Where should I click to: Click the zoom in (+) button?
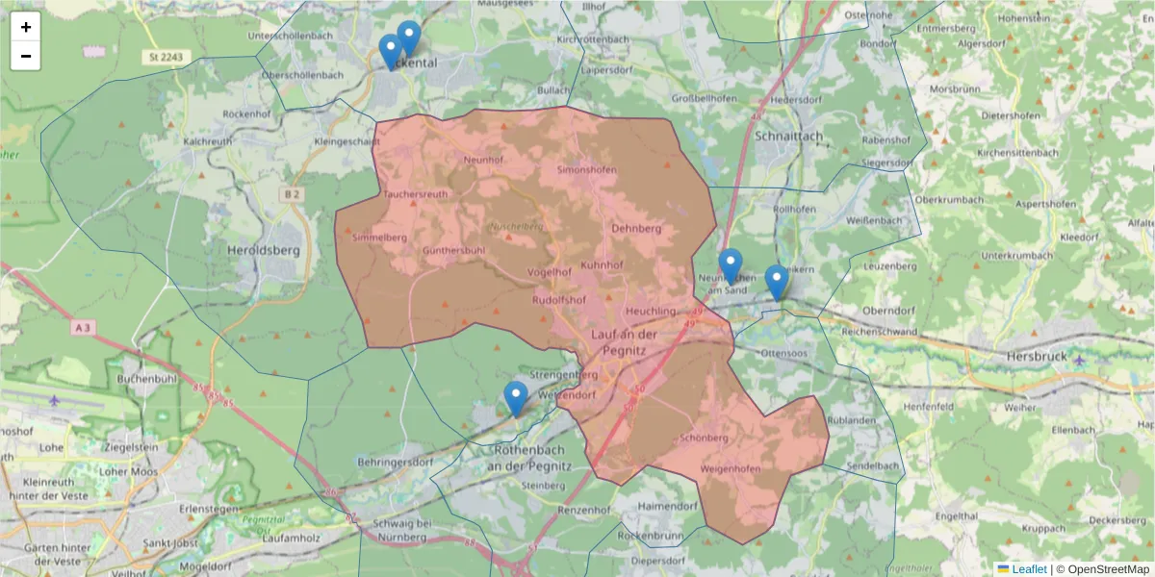[x=26, y=27]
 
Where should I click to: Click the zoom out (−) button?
[x=26, y=56]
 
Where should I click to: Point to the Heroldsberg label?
[x=263, y=250]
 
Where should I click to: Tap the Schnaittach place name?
[x=788, y=137]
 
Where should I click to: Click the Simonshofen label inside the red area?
[x=586, y=170]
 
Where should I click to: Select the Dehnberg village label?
[x=636, y=229]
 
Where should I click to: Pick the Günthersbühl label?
[x=452, y=251]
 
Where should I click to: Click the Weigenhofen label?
[x=731, y=468]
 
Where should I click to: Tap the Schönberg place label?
[x=704, y=438]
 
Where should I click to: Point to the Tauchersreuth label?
[x=416, y=193]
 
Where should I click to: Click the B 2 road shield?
[x=292, y=194]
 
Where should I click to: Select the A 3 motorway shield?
[x=85, y=328]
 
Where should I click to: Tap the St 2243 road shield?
[x=166, y=58]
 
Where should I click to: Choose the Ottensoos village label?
[x=782, y=354]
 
